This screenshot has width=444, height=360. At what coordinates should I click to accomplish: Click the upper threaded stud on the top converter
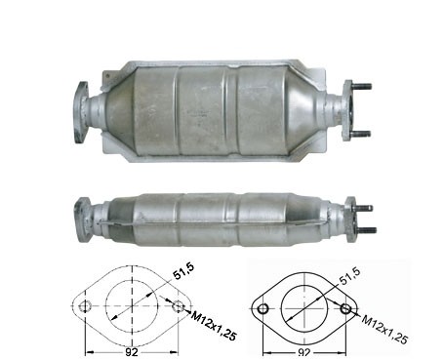click(361, 87)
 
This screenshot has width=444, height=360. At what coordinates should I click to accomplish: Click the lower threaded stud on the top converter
click(361, 134)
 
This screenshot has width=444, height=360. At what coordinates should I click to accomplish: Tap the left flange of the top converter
click(81, 112)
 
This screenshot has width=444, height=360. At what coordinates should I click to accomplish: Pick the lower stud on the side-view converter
click(366, 230)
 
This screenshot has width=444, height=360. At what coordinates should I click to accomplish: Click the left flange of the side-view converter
click(81, 220)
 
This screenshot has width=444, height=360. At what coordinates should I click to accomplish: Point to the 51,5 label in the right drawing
click(349, 276)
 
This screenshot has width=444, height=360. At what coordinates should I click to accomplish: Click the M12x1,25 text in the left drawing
click(214, 326)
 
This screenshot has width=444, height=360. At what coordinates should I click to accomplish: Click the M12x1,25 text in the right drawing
click(385, 330)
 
